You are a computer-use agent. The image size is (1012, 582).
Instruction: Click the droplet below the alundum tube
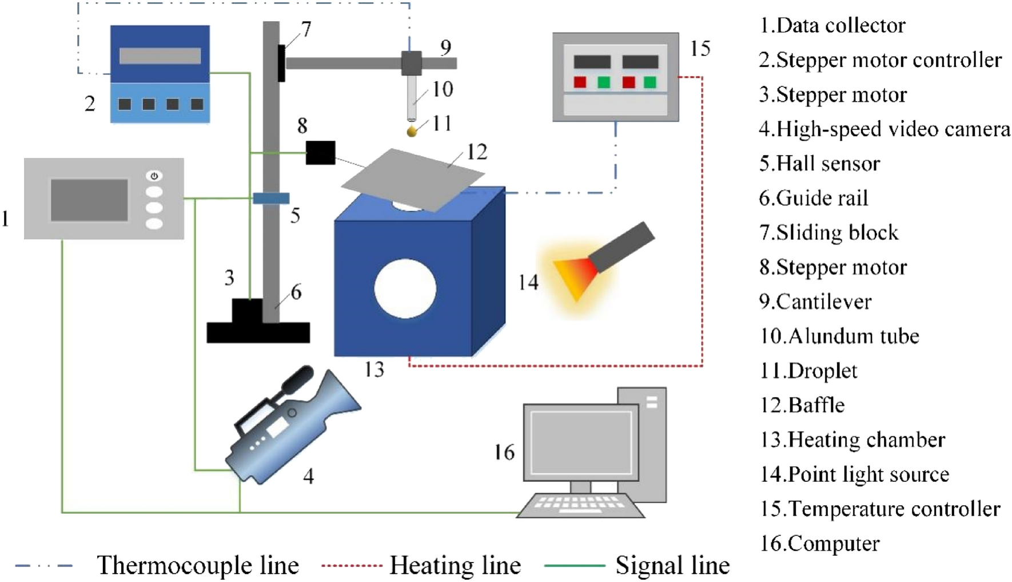pos(412,132)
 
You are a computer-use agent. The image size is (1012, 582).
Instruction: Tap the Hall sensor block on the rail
pos(271,199)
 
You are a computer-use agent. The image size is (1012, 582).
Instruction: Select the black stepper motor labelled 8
pos(320,153)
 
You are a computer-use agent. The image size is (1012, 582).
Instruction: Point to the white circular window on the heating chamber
pos(405,288)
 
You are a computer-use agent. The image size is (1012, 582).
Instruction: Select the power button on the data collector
pos(154,176)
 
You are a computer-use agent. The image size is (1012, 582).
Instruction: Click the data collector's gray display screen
pos(89,200)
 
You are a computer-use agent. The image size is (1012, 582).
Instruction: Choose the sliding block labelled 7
pos(281,63)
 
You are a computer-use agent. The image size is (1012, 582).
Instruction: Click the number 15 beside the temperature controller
pos(700,49)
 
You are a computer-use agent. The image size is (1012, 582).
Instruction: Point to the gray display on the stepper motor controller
pos(160,56)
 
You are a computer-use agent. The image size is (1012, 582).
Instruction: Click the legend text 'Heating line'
pos(455,565)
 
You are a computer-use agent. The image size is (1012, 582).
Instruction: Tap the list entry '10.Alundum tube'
pos(839,336)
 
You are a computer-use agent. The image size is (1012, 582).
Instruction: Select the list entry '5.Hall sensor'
pos(819,164)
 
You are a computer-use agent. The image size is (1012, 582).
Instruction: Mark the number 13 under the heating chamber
pos(374,370)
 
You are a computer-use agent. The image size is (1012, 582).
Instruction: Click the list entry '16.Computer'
pos(819,543)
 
